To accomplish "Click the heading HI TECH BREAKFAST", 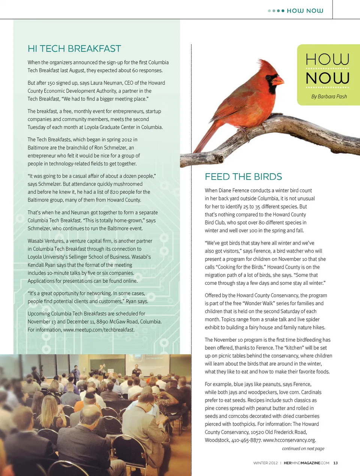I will (x=74, y=49).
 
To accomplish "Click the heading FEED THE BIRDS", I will (x=243, y=177).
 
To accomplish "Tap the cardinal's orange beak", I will (x=279, y=80).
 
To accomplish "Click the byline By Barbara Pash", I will (x=329, y=96).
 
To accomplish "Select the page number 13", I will (x=335, y=463).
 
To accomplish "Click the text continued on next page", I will (x=303, y=448).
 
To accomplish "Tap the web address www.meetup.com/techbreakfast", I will (x=99, y=330).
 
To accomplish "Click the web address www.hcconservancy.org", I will (x=289, y=440).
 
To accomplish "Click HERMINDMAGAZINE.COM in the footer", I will (x=306, y=463).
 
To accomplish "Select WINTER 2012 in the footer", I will (x=265, y=463).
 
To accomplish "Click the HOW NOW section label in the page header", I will (x=304, y=11).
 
